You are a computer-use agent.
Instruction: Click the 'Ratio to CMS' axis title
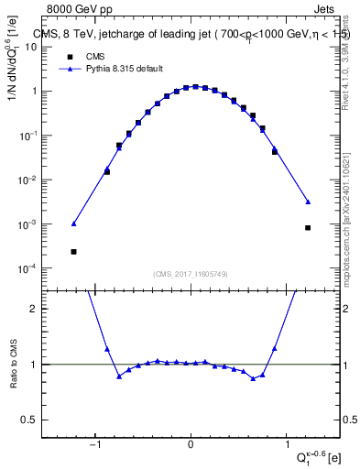click(14, 365)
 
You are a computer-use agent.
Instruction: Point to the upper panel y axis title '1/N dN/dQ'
click(14, 63)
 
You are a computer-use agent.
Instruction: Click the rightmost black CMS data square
click(308, 227)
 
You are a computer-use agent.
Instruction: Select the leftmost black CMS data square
click(73, 251)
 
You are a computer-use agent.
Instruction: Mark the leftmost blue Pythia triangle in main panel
click(73, 224)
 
